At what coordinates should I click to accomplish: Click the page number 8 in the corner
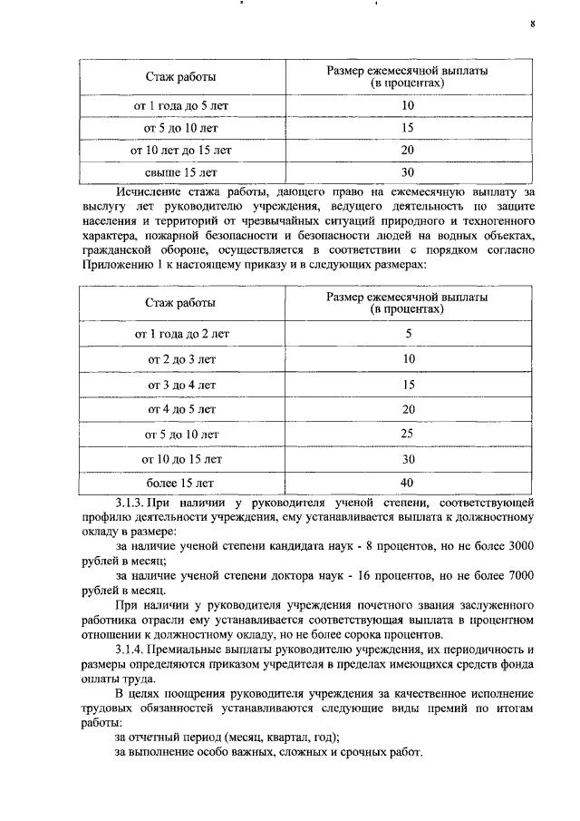(533, 25)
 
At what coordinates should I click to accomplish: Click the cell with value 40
(407, 483)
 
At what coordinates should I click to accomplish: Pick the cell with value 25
(407, 435)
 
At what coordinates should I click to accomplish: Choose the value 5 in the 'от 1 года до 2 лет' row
(408, 334)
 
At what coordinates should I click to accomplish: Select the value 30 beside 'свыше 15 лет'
(407, 172)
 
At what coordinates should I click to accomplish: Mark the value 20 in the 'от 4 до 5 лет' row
(407, 409)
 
